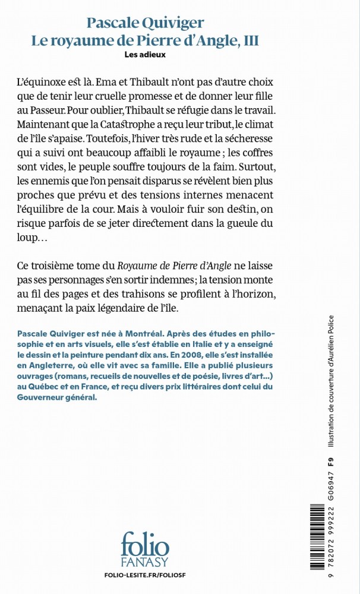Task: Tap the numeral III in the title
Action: click(251, 40)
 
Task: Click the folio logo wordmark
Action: click(144, 544)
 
